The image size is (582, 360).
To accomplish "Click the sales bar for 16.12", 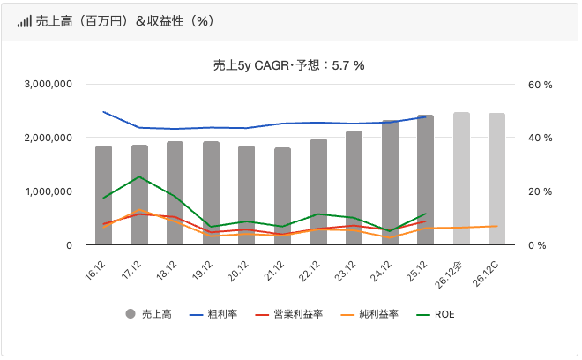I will point(104,195).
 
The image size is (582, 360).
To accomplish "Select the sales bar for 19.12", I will point(212,193).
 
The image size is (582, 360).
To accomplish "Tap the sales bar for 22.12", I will point(318,191).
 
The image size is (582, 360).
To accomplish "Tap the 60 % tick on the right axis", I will point(541,85).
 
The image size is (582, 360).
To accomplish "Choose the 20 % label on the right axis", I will point(541,191).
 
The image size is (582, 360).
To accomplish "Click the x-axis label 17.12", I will point(132,268).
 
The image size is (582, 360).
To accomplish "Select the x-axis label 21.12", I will point(275,268).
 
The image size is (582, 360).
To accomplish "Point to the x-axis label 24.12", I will point(383,268).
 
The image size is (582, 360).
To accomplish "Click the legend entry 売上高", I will point(152,314).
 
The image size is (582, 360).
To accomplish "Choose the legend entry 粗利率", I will point(212,314).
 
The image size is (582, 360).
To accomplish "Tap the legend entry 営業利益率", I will point(281,314).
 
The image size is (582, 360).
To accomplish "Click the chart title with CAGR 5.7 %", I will point(289,64).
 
